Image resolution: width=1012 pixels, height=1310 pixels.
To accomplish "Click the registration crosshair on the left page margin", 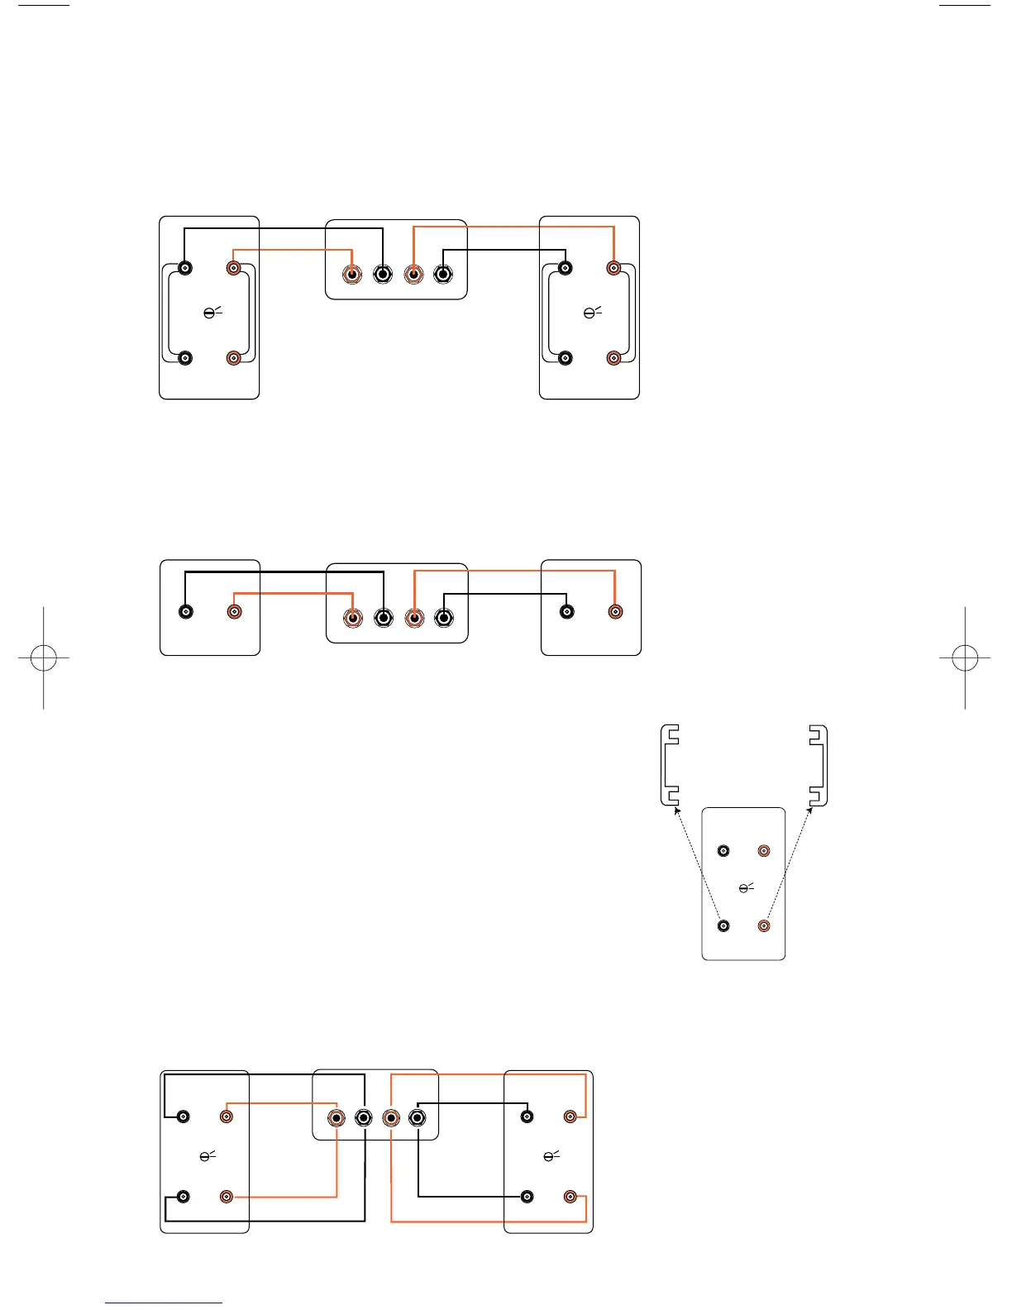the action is pos(43,658).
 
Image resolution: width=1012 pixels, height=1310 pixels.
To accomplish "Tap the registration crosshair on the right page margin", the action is pos(965,658).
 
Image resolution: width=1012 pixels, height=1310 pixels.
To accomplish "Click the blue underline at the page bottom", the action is pos(164,1303).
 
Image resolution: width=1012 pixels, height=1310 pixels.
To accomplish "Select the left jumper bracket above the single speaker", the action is pos(671,765).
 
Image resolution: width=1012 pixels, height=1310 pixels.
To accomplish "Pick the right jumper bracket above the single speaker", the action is pos(818,765).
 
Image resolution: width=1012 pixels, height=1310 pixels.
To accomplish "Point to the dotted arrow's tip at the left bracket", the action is pos(676,810).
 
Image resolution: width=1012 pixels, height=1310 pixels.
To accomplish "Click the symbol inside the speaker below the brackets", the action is pos(746,888).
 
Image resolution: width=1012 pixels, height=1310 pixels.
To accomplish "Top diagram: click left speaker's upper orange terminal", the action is pos(234,268).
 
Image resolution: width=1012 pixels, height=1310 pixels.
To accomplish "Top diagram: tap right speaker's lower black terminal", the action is pos(566,358).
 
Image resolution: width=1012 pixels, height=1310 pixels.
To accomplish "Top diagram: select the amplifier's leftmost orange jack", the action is pos(352,275).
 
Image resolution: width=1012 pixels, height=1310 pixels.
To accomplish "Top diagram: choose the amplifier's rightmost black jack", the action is pos(443,275).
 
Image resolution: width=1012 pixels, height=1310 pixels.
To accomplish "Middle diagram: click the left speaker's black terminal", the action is pos(186,612).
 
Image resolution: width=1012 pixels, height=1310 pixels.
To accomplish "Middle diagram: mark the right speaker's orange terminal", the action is pos(615,612).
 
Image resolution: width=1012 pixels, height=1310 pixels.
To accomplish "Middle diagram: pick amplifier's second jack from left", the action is pos(383,618).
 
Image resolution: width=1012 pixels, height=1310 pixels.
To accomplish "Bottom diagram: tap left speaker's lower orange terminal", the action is pos(227,1197).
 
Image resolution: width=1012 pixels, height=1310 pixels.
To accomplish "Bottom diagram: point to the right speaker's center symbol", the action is pos(551,1155).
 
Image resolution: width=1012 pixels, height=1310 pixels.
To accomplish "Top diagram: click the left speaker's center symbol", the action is pos(212,313).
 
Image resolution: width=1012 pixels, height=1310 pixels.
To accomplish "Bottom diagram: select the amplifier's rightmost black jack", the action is pos(418,1119).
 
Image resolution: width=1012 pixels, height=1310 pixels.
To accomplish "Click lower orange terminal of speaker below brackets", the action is pos(764,926).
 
